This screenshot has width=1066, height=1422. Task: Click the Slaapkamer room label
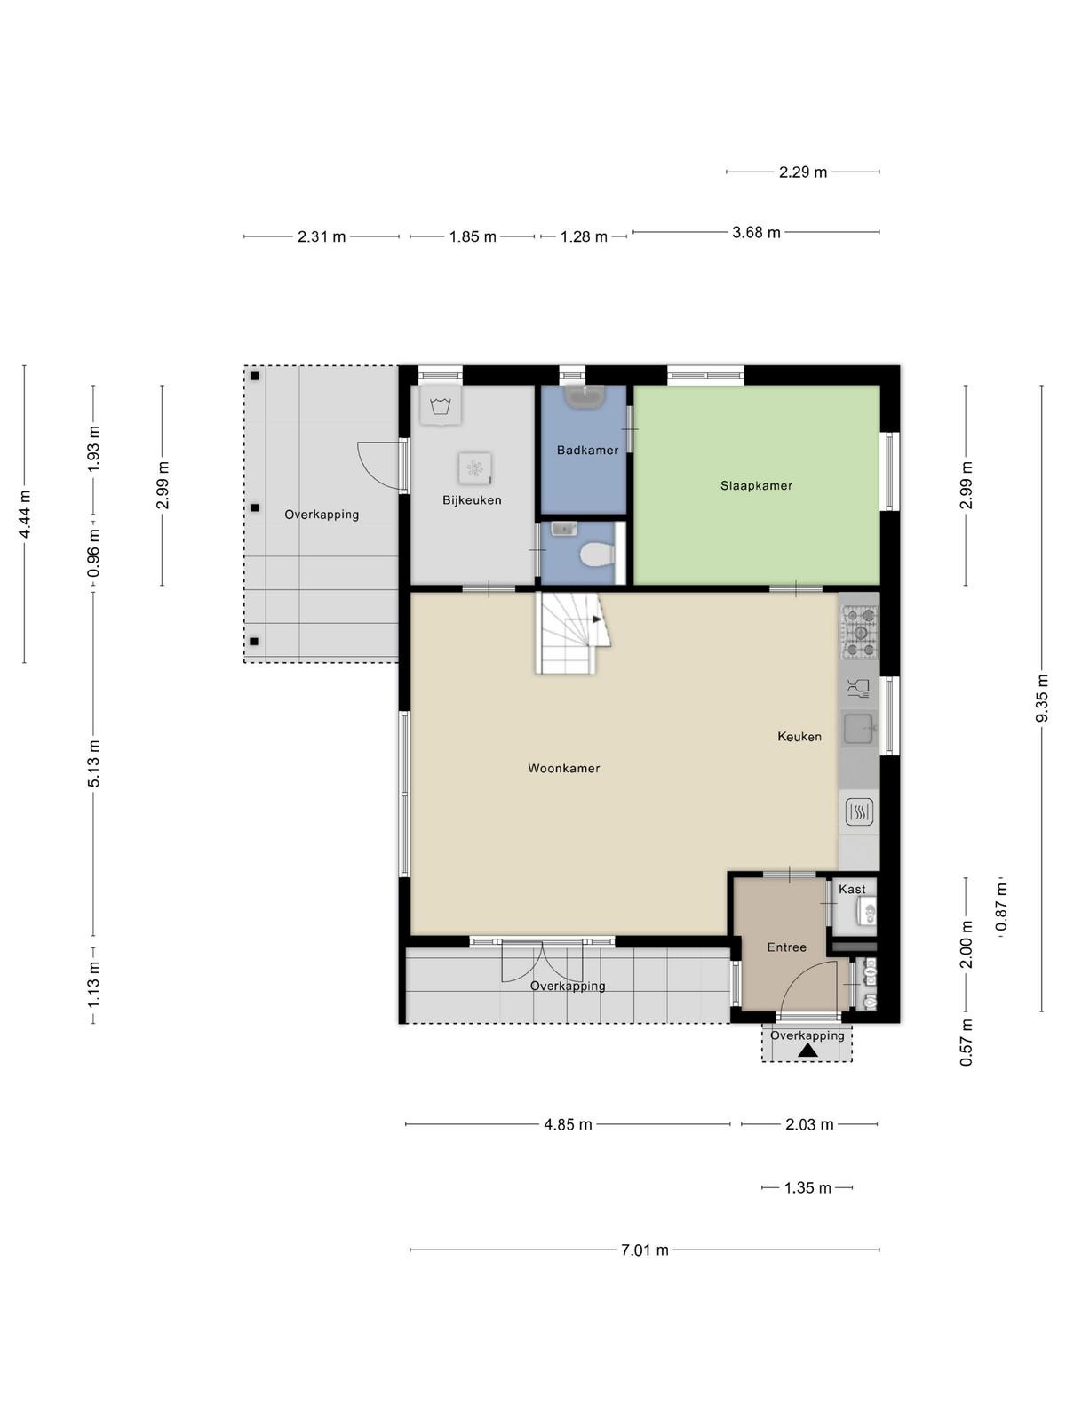[x=756, y=485]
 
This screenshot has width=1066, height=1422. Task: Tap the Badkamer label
[x=587, y=450]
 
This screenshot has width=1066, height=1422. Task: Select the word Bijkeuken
[x=472, y=500]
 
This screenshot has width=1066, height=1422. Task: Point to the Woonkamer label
[x=564, y=769]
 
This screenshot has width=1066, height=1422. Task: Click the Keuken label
[x=799, y=736]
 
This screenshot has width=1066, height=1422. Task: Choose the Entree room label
[x=786, y=947]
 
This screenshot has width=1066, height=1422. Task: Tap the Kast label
[x=852, y=890]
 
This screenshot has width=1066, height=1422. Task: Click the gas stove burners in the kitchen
[x=860, y=632]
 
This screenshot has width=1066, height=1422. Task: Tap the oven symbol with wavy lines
[x=860, y=811]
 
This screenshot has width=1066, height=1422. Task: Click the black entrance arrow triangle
[x=807, y=1051]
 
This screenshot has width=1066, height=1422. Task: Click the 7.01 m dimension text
[x=645, y=1250]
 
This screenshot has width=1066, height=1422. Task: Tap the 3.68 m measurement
[x=756, y=232]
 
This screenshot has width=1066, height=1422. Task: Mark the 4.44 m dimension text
[x=25, y=515]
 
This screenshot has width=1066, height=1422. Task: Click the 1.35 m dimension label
[x=807, y=1187]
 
